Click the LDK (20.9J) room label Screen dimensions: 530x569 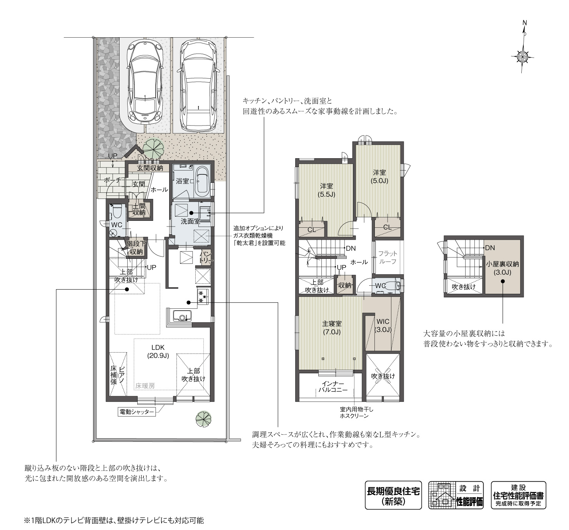click(x=158, y=351)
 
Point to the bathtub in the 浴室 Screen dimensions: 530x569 click(x=201, y=182)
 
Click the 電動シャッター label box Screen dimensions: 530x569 click(x=136, y=412)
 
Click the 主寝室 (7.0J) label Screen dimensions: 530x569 click(x=332, y=328)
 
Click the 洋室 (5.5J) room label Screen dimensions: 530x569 click(x=326, y=190)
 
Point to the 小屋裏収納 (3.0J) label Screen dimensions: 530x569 click(x=502, y=268)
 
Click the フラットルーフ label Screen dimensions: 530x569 click(x=388, y=257)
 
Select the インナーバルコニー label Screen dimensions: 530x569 click(x=333, y=387)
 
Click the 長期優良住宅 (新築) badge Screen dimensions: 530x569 click(x=393, y=495)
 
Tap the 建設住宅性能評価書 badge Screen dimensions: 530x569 click(x=518, y=495)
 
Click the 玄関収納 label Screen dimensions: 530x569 click(x=150, y=168)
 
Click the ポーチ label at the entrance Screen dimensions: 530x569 click(x=113, y=180)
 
